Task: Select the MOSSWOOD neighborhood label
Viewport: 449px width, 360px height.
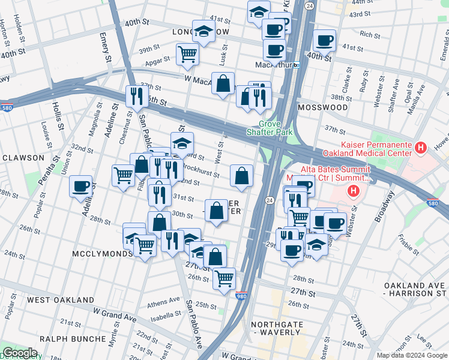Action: (322, 107)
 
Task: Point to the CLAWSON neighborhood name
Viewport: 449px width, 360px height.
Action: (23, 158)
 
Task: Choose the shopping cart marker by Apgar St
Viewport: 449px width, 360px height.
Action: (187, 55)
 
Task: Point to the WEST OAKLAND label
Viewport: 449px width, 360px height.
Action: (61, 299)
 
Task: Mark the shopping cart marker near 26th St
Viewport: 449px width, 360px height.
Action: (224, 278)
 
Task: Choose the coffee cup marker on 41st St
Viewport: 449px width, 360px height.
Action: (324, 41)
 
